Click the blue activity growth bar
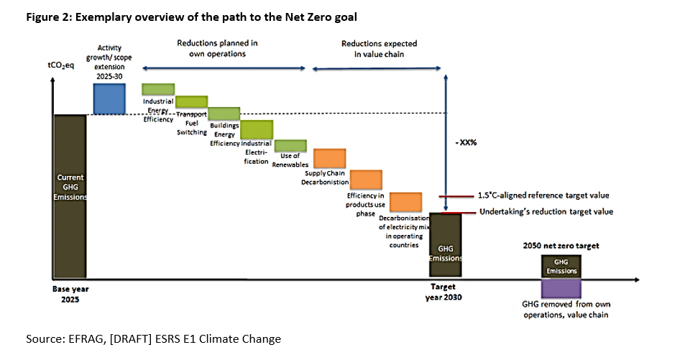pos(109,98)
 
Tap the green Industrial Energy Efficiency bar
pos(158,89)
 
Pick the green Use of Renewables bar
pos(291,146)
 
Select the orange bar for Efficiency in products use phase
pos(365,180)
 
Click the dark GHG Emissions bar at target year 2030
pos(446,245)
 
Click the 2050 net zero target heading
pos(561,246)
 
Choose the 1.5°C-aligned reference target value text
pos(543,195)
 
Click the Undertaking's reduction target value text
pos(546,212)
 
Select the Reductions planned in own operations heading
pos(217,48)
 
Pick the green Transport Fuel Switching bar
pos(191,101)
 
